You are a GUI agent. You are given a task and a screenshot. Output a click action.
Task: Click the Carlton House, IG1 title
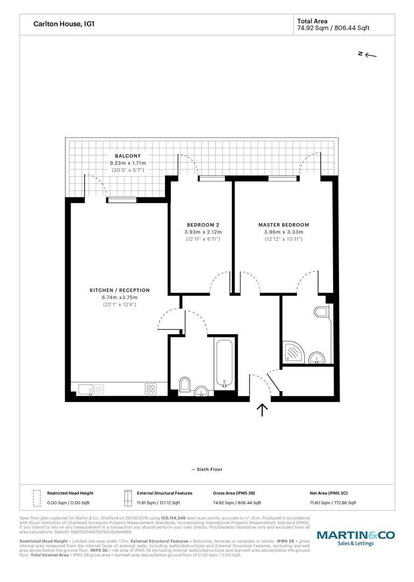(x=64, y=24)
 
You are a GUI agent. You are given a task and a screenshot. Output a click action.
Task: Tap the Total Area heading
(x=312, y=21)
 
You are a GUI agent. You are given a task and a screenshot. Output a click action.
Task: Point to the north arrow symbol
(x=367, y=55)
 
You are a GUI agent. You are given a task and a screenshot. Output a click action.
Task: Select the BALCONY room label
(x=128, y=156)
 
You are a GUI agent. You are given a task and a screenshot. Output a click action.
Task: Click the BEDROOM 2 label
(x=203, y=225)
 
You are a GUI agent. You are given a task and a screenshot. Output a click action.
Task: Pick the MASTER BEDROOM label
(x=284, y=225)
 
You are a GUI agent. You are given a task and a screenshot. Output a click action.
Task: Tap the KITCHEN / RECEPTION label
(x=120, y=290)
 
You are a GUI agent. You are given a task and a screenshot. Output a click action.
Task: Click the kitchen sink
(x=91, y=390)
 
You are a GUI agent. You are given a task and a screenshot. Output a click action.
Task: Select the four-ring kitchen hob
(x=151, y=389)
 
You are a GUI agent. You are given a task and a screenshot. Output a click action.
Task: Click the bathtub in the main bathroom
(x=225, y=363)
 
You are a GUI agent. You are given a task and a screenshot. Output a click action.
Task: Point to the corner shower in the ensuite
(x=294, y=351)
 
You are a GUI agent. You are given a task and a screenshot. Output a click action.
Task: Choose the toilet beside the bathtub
(x=184, y=385)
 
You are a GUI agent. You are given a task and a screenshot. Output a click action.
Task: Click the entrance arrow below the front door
(x=262, y=410)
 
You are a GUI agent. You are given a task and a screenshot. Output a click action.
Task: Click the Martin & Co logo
(x=355, y=538)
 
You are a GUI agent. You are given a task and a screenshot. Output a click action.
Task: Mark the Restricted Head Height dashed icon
(x=37, y=498)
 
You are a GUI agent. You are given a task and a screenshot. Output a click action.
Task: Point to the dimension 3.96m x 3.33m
(x=284, y=232)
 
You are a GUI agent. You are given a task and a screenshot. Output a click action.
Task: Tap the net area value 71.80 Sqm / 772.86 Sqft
(x=333, y=503)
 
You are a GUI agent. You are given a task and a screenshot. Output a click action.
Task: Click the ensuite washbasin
(x=317, y=358)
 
